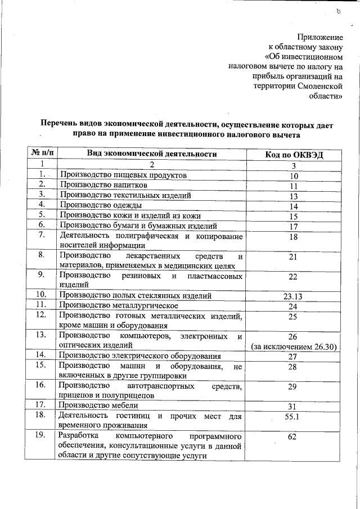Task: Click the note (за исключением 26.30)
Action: [293, 347]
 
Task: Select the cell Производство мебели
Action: [99, 405]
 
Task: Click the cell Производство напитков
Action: [104, 185]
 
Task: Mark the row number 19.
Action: [40, 436]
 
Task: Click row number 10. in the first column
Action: [40, 295]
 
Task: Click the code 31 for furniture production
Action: [292, 406]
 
